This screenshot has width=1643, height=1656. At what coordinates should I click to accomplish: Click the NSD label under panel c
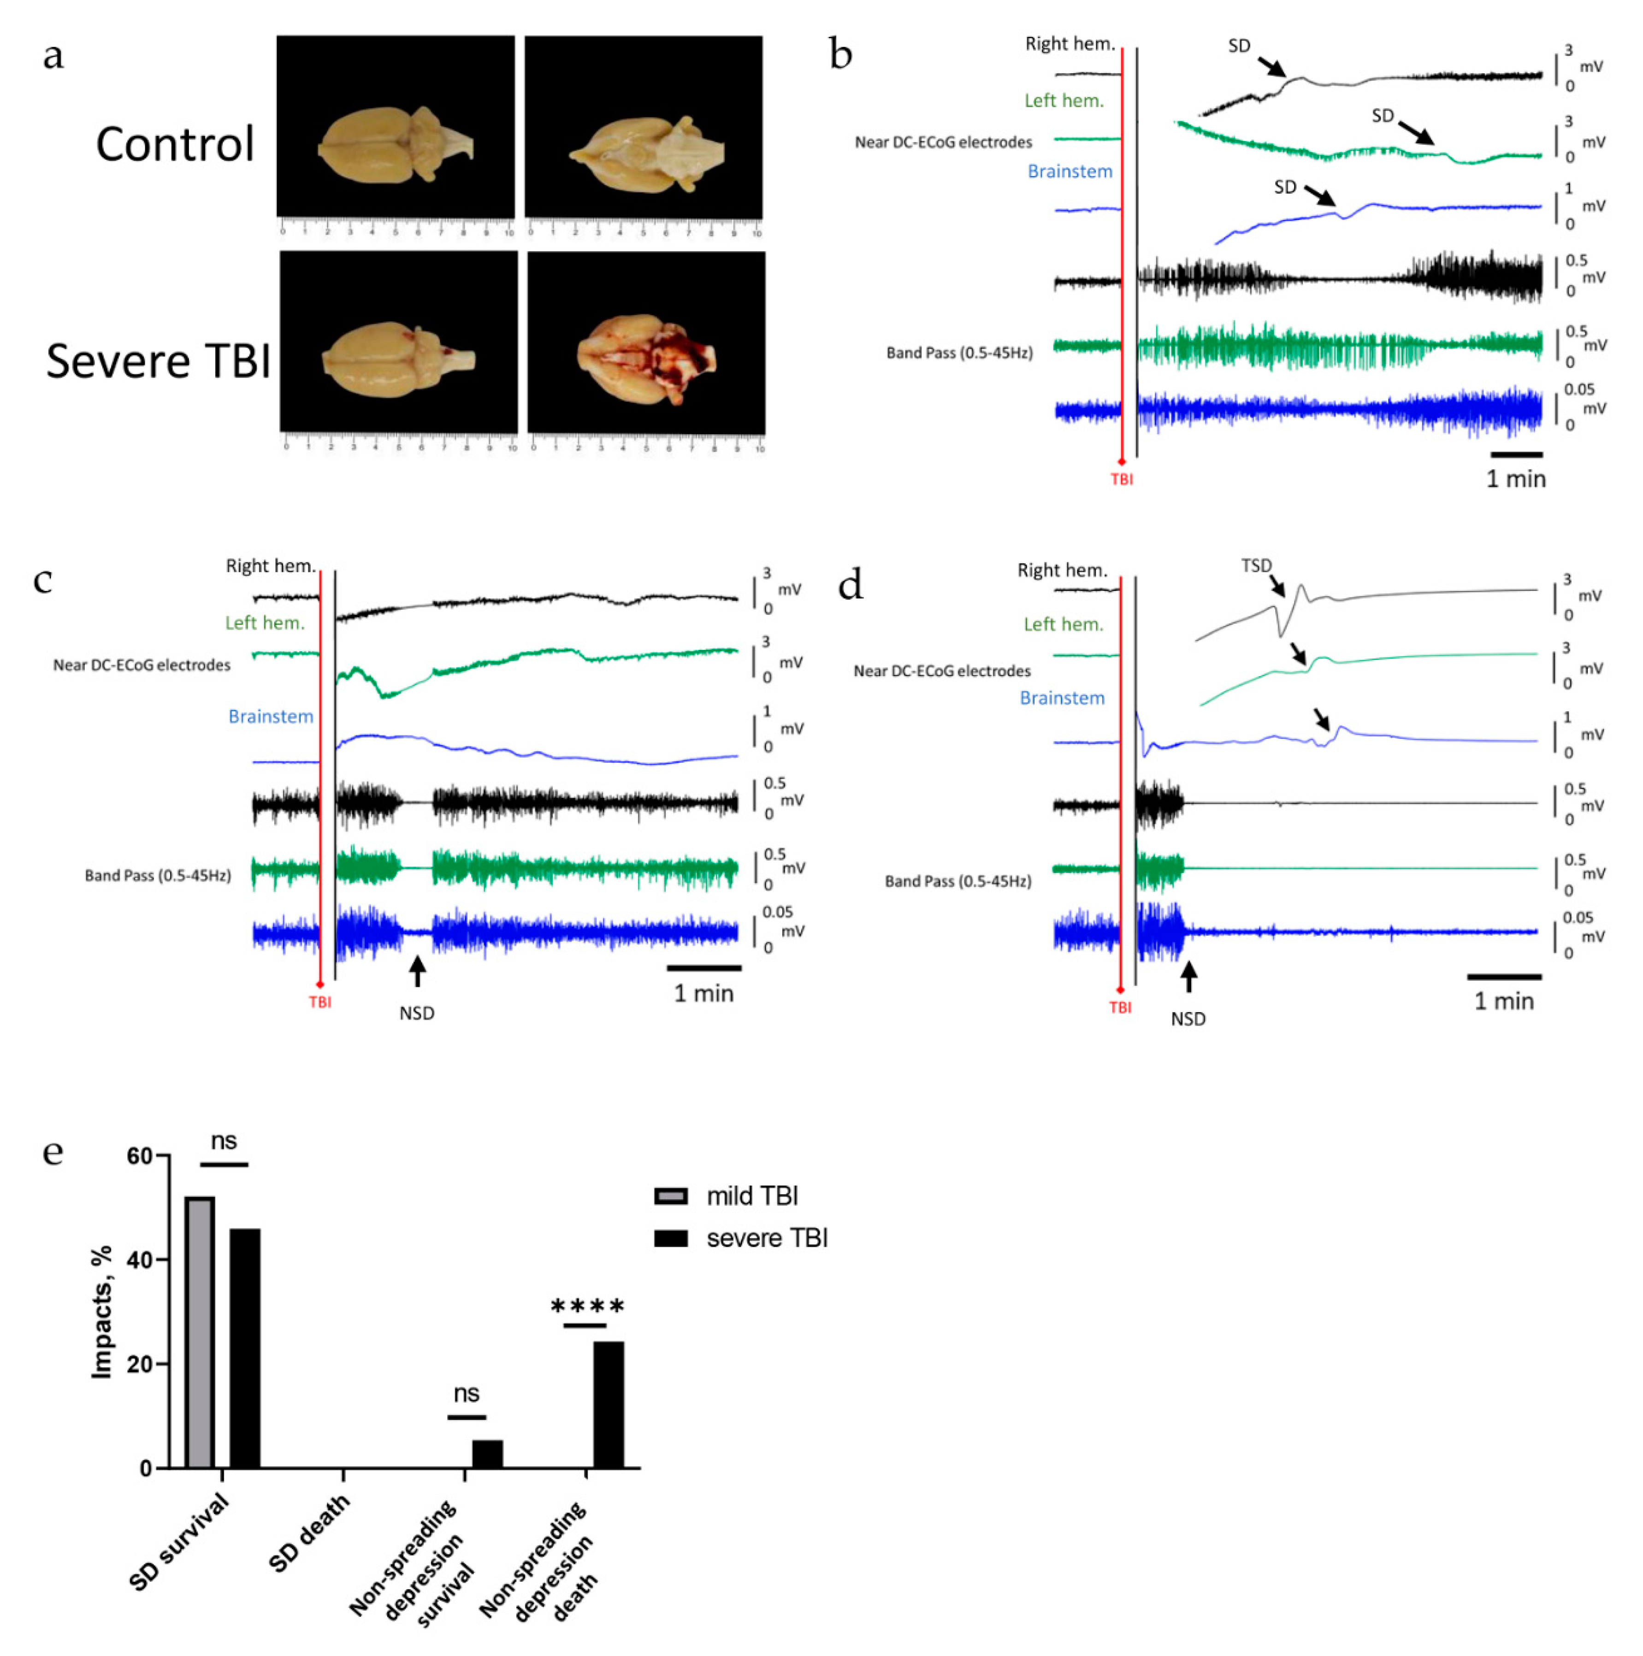(x=417, y=1013)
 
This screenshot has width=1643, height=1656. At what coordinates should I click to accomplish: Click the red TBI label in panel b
(x=1122, y=480)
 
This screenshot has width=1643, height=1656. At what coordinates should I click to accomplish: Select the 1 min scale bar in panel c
(x=704, y=968)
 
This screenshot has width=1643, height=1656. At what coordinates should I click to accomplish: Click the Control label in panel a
(x=175, y=144)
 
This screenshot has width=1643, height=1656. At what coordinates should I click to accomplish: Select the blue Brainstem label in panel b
(x=1070, y=171)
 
